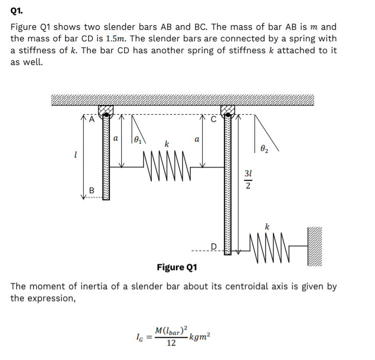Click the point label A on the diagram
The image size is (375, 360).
pyautogui.click(x=91, y=119)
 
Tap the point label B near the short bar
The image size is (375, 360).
pyautogui.click(x=92, y=191)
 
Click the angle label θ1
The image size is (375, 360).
pyautogui.click(x=138, y=138)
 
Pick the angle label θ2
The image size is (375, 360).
pyautogui.click(x=264, y=148)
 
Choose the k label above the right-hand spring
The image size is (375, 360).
pyautogui.click(x=267, y=226)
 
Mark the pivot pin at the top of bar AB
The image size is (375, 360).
pyautogui.click(x=106, y=111)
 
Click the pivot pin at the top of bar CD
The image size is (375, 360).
pyautogui.click(x=227, y=111)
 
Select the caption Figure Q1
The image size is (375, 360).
pyautogui.click(x=177, y=267)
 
